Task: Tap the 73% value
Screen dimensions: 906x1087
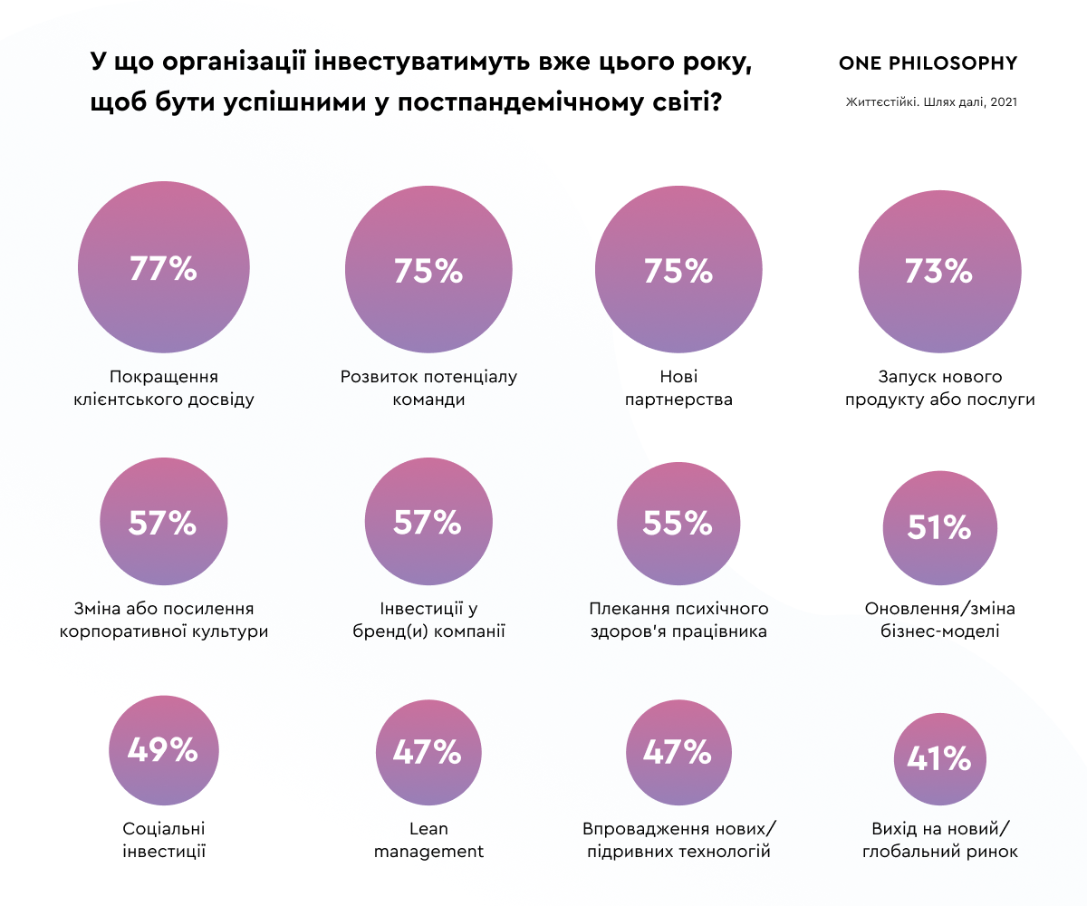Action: tap(938, 270)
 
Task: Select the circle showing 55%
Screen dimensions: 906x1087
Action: tap(678, 523)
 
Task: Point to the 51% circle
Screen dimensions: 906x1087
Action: tap(939, 527)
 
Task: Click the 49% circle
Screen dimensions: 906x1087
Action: tap(163, 750)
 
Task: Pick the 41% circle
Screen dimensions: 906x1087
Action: tap(939, 758)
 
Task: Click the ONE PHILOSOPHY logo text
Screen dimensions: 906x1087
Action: tap(928, 63)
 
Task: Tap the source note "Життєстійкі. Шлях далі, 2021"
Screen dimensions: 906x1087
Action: tap(931, 102)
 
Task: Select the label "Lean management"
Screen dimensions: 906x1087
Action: tap(428, 840)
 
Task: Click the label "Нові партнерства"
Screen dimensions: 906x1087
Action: tap(678, 388)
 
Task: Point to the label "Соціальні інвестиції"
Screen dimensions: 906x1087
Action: tap(164, 840)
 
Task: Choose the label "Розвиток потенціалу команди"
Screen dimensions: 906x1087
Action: tap(428, 388)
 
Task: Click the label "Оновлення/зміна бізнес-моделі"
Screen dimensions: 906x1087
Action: tap(939, 620)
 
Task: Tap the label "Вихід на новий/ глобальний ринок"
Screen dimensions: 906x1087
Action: tap(939, 840)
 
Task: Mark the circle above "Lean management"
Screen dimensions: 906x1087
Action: tap(428, 752)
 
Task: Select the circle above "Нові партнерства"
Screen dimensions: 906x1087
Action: tap(678, 270)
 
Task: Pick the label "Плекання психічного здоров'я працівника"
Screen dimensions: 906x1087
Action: tap(678, 620)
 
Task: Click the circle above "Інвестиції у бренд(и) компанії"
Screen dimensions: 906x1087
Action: tap(428, 523)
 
